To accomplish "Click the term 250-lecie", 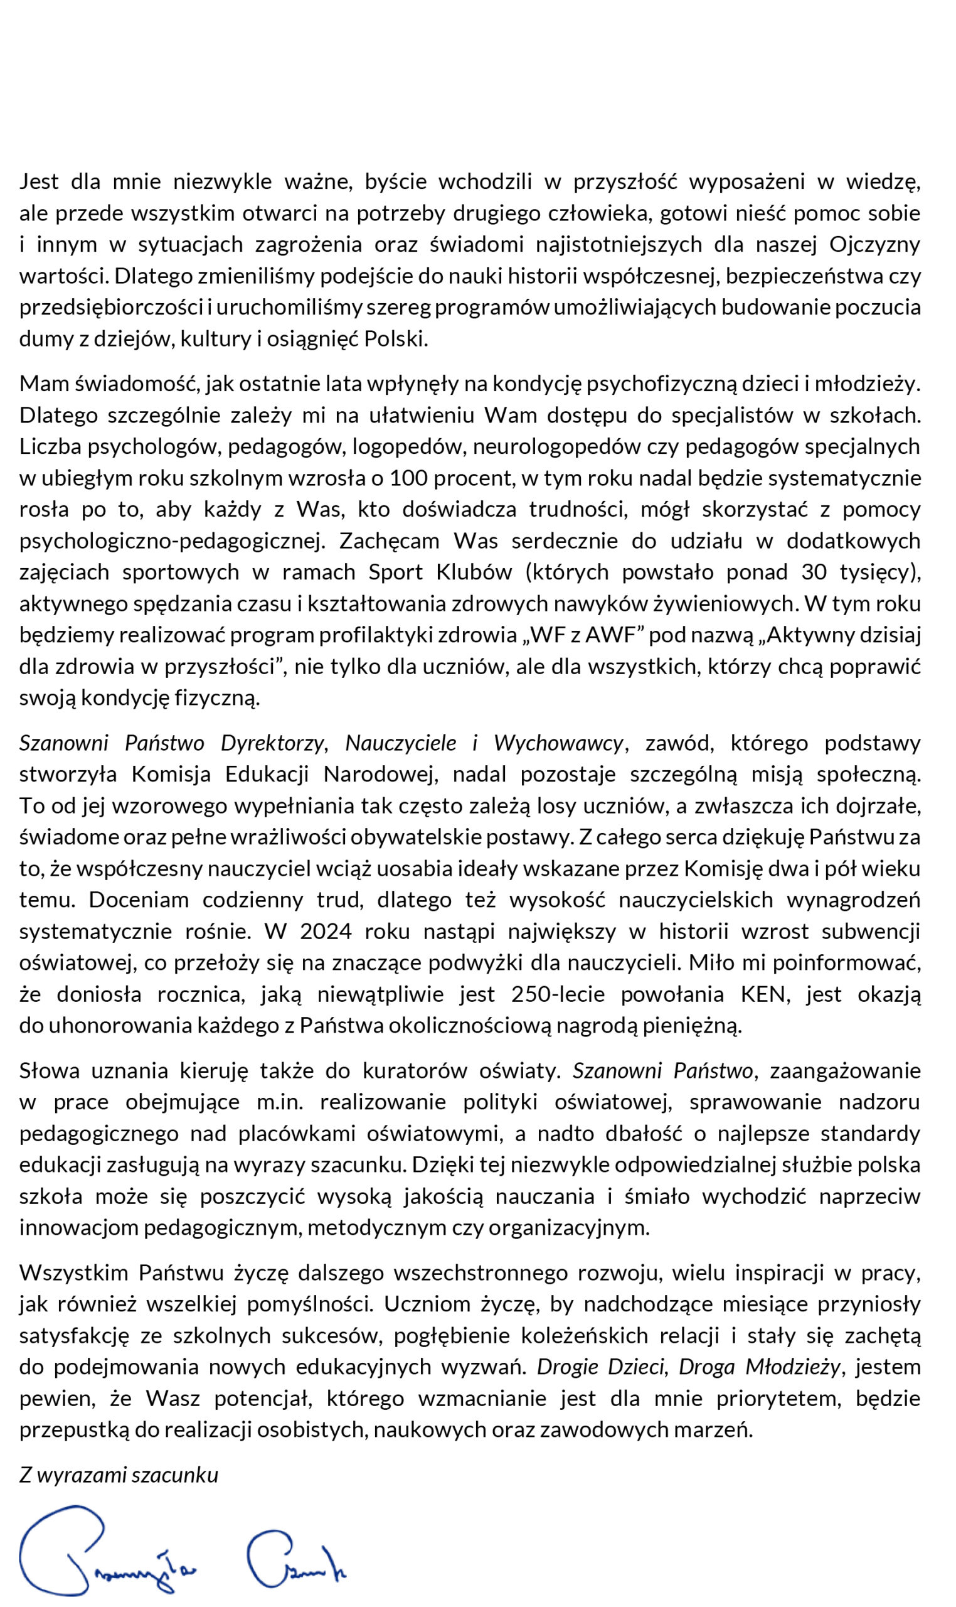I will [558, 994].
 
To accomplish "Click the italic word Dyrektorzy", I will [272, 743].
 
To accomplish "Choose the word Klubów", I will [474, 572].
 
